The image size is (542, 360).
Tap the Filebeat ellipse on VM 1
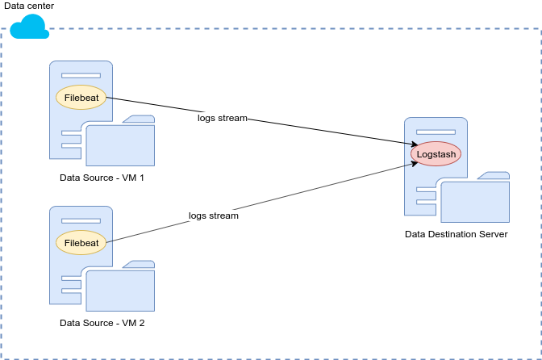81,97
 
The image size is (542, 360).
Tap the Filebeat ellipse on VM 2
81,242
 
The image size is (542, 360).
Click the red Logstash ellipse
436,153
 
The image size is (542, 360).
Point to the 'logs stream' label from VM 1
223,119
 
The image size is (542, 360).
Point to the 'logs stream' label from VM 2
214,216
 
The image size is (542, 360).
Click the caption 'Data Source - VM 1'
102,178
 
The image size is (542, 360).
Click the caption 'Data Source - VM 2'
102,323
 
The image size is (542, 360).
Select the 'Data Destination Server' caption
457,234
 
